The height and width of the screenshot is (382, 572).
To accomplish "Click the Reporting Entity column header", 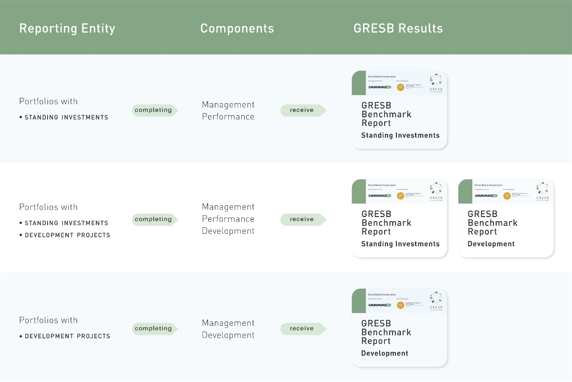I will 67,28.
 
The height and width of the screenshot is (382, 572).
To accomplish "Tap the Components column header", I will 237,28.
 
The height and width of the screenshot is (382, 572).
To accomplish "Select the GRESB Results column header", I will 398,28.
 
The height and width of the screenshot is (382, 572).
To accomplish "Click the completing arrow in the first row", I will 154,110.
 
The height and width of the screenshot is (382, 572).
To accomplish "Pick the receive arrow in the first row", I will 302,110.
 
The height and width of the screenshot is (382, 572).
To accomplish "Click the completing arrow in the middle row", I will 154,219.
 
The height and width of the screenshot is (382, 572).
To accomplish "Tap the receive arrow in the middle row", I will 302,219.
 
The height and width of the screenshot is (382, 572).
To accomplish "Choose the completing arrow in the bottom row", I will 154,328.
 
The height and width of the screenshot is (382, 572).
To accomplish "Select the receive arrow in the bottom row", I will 302,328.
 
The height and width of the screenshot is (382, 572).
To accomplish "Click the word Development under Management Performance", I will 228,231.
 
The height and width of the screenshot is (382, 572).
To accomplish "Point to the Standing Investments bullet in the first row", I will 66,117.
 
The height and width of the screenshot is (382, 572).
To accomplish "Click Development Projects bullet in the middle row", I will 67,235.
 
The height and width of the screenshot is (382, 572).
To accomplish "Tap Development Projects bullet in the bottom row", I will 67,336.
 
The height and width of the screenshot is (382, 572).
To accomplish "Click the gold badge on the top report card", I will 400,87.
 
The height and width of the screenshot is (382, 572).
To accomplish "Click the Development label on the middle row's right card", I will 491,244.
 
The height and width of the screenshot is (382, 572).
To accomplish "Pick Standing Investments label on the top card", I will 400,135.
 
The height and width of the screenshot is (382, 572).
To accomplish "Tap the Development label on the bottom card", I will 384,353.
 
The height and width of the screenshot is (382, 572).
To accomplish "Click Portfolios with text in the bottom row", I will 48,320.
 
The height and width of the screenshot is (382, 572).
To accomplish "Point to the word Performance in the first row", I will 228,116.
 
